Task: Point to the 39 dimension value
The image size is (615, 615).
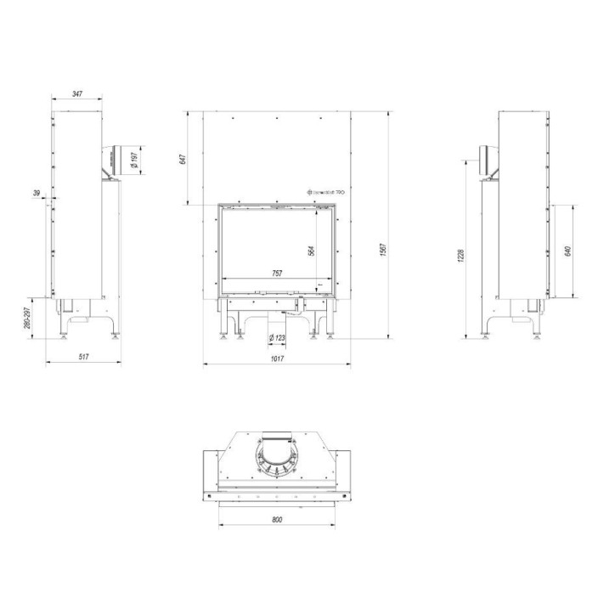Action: pyautogui.click(x=36, y=194)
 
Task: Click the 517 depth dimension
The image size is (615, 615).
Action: pyautogui.click(x=83, y=357)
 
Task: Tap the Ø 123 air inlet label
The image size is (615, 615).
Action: pyautogui.click(x=277, y=339)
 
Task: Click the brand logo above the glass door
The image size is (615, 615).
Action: pyautogui.click(x=325, y=194)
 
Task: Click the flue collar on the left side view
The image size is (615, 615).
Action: pyautogui.click(x=113, y=161)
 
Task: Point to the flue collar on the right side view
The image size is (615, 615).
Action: pyautogui.click(x=488, y=161)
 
